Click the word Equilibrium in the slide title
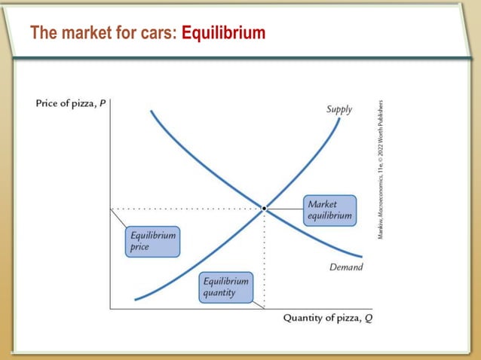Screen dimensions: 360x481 (x=224, y=33)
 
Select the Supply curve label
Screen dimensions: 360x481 (x=339, y=109)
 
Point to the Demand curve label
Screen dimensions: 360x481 (x=346, y=267)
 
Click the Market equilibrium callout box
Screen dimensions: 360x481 (x=329, y=210)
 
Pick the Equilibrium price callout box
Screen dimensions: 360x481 (x=152, y=241)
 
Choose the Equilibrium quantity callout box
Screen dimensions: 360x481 (x=225, y=287)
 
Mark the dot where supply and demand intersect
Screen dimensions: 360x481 (x=264, y=208)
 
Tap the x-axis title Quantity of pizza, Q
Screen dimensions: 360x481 (x=327, y=317)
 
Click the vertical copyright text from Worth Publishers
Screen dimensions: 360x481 (x=381, y=170)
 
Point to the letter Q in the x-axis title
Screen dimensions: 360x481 (x=367, y=317)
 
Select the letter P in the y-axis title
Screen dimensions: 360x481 (x=102, y=102)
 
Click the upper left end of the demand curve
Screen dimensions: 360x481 (x=151, y=111)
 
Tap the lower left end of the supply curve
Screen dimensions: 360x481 (x=136, y=299)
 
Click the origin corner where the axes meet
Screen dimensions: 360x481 (x=110, y=309)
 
